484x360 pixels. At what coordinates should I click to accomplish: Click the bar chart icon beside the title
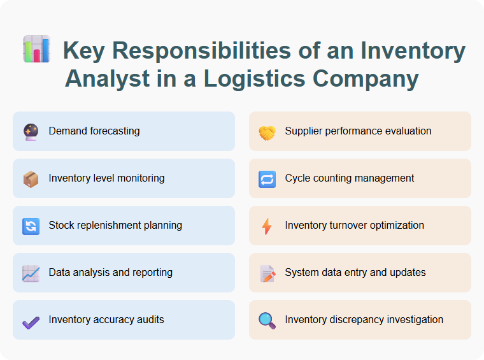[x=36, y=50]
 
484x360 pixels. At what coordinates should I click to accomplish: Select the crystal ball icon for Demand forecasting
[x=31, y=132]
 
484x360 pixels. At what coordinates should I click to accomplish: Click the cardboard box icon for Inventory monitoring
[x=31, y=179]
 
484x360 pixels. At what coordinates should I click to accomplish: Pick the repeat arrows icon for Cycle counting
[x=267, y=179]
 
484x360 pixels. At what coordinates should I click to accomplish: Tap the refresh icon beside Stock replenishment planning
[x=31, y=226]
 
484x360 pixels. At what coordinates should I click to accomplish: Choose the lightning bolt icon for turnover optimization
[x=267, y=226]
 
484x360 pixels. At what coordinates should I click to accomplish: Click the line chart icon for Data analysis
[x=31, y=273]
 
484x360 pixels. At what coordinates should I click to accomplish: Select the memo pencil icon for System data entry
[x=267, y=273]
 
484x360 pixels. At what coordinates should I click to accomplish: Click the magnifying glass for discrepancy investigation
[x=267, y=320]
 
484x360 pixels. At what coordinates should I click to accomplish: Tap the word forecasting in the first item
[x=116, y=131]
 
